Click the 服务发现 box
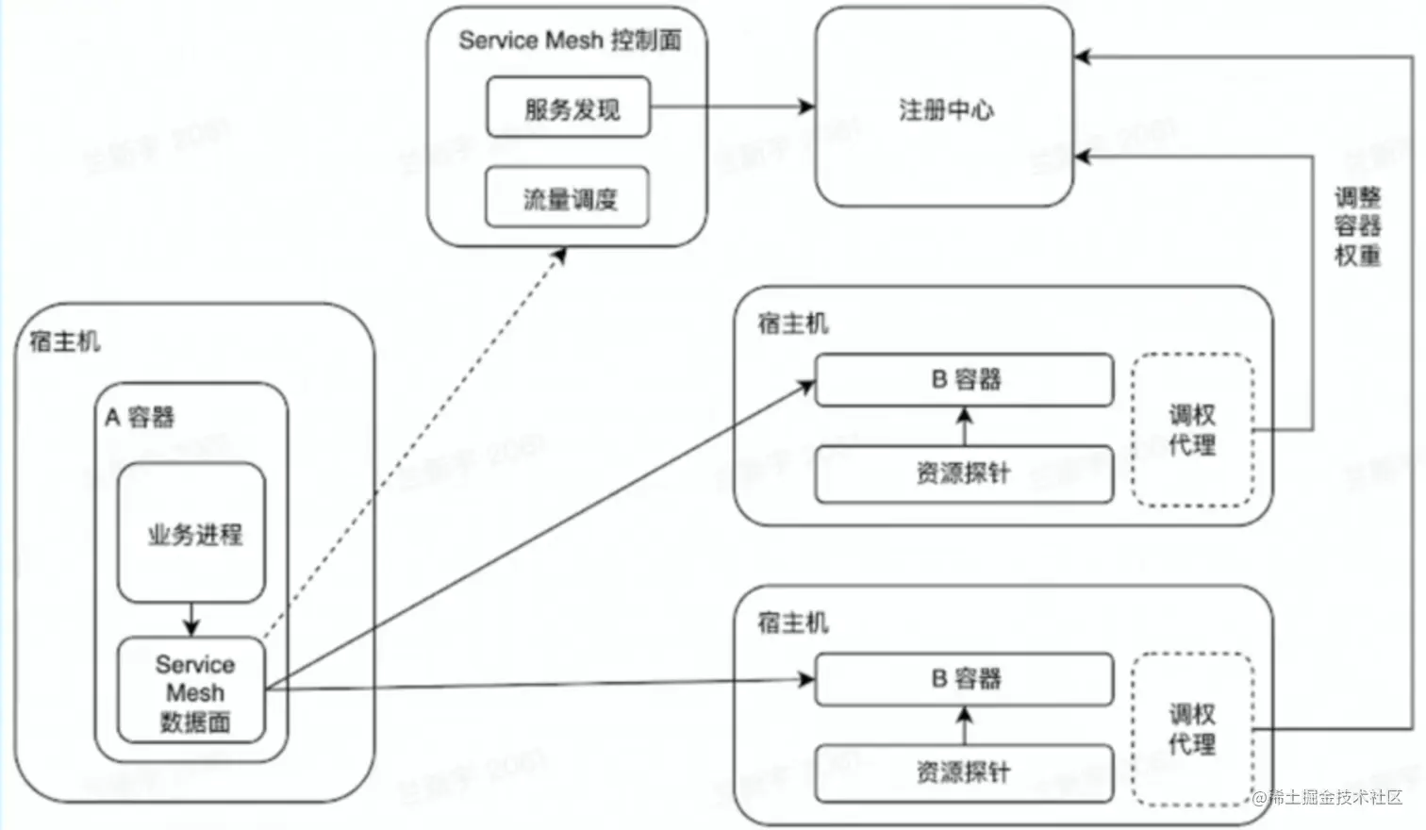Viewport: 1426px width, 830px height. coord(569,108)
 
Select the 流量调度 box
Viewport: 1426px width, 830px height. coord(569,198)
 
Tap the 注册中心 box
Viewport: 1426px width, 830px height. coord(944,108)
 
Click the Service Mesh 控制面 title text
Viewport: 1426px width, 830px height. coord(569,40)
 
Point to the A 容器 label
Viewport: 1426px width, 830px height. coord(140,417)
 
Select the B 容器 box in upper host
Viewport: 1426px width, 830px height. coord(964,379)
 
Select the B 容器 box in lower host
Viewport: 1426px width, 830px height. coord(964,678)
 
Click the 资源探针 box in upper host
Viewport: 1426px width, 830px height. coord(964,473)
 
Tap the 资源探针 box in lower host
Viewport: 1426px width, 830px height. coord(964,772)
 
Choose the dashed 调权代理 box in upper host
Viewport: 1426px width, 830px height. coord(1192,430)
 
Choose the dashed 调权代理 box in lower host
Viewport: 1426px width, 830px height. coord(1192,729)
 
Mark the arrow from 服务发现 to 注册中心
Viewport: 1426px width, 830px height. coord(732,107)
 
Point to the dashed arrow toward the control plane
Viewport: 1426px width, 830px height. coord(415,443)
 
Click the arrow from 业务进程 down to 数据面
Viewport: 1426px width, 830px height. coord(191,620)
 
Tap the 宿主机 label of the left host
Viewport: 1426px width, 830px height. coord(64,340)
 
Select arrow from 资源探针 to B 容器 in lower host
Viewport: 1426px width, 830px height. coord(964,726)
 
